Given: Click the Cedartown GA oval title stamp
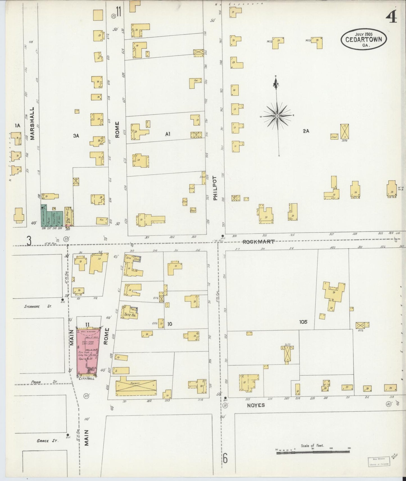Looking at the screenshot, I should tap(364, 40).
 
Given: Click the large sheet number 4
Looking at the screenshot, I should tap(391, 17).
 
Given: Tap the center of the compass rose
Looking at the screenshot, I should tap(277, 116).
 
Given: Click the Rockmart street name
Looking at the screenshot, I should tap(258, 241).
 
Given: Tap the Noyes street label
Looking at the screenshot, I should tap(256, 405).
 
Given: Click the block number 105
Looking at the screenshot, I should tap(303, 322).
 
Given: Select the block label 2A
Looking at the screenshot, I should tap(306, 131).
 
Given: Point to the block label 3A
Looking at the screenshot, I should tap(76, 136).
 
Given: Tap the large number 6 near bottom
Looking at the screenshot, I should tap(225, 459).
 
